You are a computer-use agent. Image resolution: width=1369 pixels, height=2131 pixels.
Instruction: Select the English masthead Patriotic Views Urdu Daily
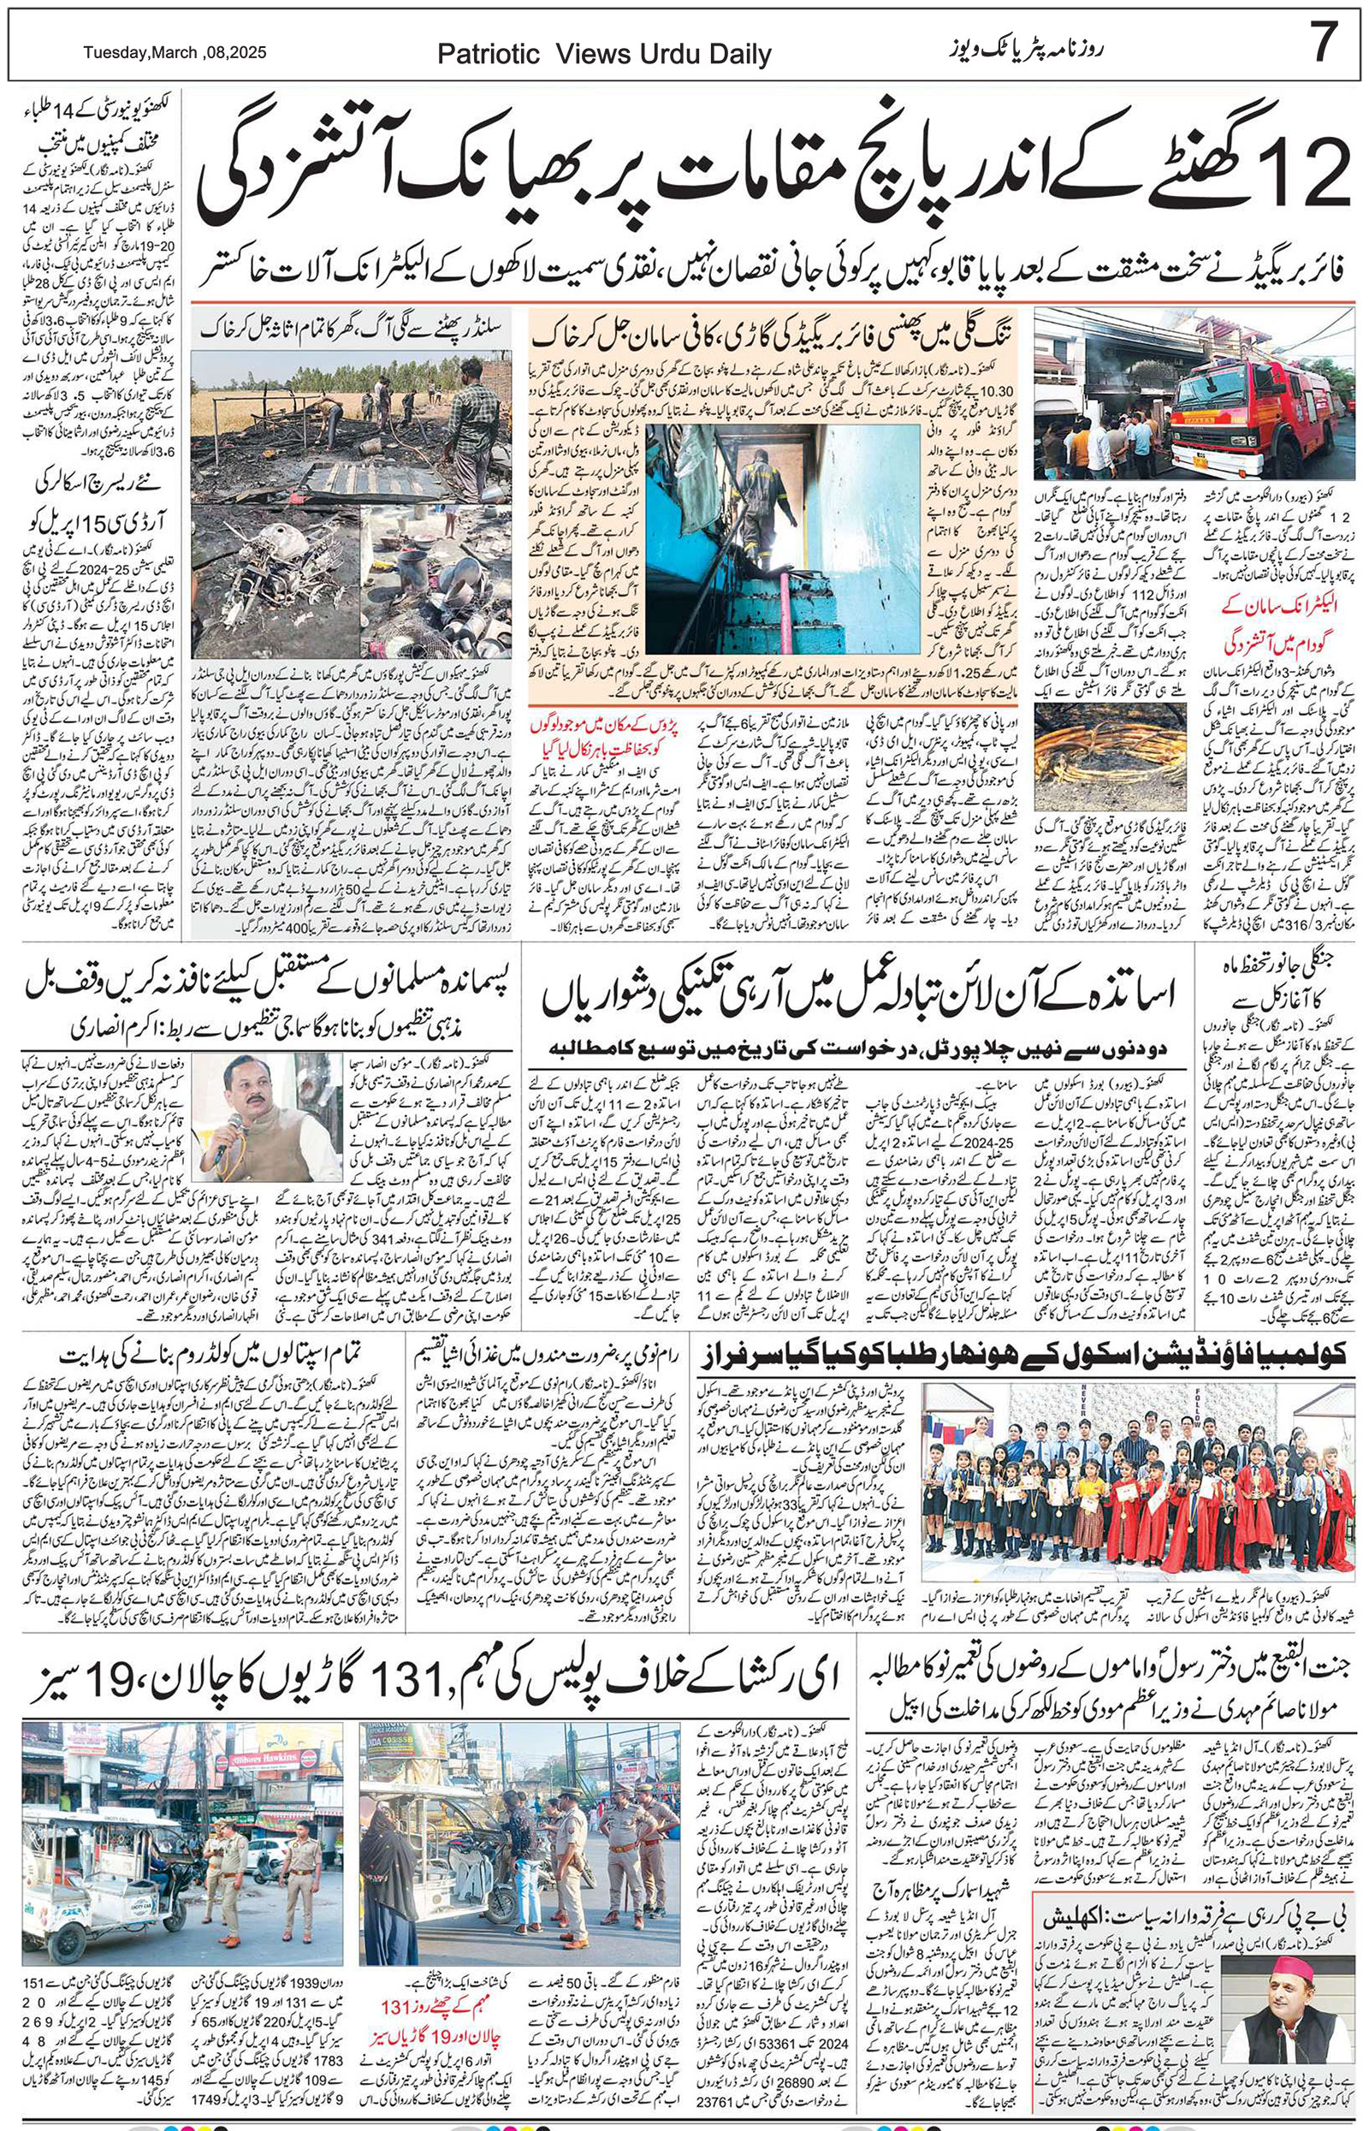pos(604,55)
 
